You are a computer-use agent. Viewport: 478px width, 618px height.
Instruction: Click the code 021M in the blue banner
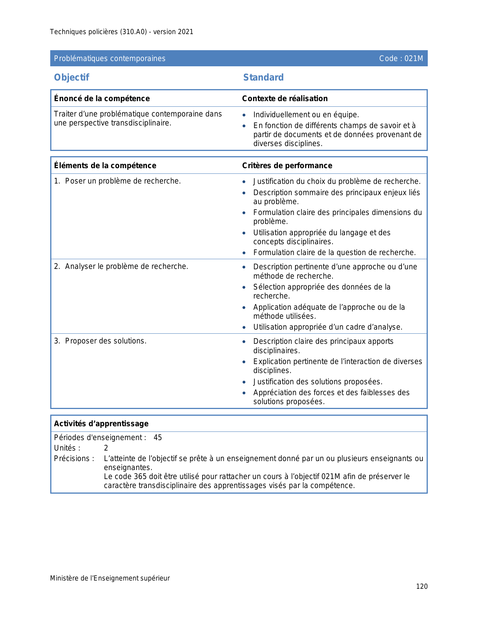[x=401, y=58]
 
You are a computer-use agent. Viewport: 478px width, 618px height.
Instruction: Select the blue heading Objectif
[x=72, y=78]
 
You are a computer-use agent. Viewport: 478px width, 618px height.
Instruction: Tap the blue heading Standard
[x=263, y=78]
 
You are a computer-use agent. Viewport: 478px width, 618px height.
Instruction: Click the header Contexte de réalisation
[x=285, y=99]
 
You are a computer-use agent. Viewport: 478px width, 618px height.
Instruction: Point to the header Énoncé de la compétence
[x=102, y=99]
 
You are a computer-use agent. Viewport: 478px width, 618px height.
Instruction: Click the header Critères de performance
[x=287, y=166]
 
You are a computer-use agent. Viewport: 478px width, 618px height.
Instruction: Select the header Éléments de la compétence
[x=105, y=166]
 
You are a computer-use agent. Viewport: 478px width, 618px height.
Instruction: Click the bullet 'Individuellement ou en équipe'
[x=306, y=115]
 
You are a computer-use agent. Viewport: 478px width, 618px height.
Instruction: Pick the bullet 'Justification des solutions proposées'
[x=318, y=382]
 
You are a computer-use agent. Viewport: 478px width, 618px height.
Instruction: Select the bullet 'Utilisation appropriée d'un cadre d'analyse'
[x=328, y=327]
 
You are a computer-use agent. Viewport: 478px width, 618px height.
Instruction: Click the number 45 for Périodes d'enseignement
[x=158, y=438]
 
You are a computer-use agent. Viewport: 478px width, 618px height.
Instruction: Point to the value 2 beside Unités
[x=106, y=448]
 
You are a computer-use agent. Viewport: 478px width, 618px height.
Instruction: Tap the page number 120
[x=422, y=587]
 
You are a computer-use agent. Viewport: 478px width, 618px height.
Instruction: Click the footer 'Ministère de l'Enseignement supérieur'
[x=110, y=578]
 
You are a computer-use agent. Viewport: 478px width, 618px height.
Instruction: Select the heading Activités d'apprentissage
[x=101, y=424]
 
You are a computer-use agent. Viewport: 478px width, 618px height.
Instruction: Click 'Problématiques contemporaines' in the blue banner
[x=109, y=58]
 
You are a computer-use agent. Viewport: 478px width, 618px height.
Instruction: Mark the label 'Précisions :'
[x=74, y=459]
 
